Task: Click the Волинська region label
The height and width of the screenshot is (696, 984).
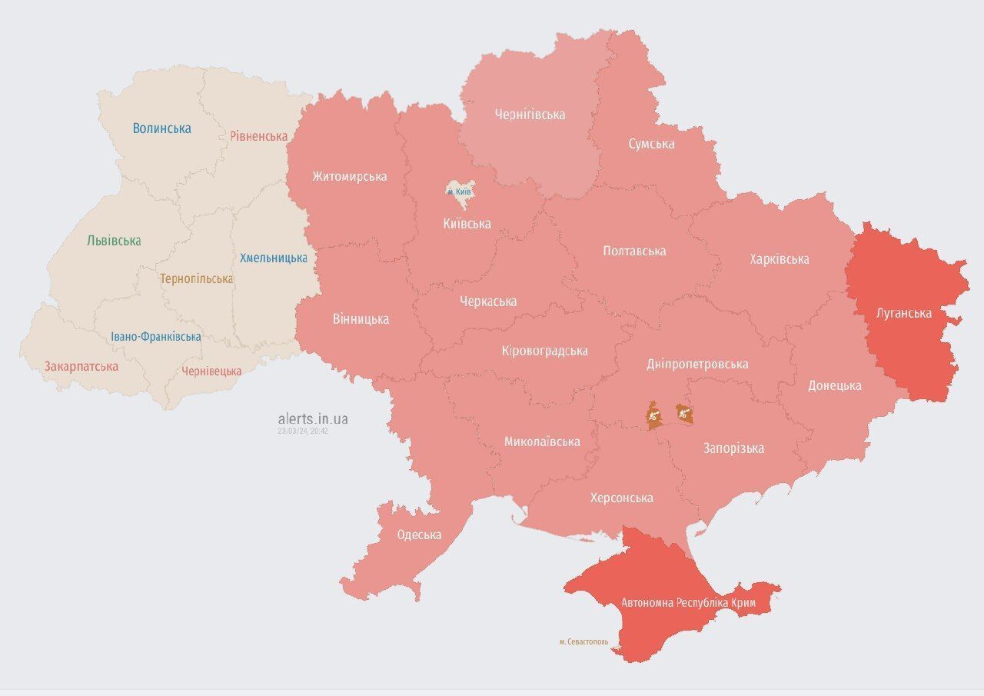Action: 161,128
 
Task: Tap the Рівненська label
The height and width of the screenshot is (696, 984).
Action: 258,136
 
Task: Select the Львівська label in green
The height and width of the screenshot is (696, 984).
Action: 114,241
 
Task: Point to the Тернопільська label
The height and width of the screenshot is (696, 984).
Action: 196,278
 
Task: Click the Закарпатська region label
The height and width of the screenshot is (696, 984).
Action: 81,366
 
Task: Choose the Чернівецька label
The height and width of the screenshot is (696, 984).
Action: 211,371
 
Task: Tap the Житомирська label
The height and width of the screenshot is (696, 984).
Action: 349,176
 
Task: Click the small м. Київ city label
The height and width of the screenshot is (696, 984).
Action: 460,191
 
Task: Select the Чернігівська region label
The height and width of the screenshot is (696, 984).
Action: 530,115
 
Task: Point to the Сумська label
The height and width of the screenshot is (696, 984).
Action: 651,144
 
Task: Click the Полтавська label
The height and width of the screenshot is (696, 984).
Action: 634,251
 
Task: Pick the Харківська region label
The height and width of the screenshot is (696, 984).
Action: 779,259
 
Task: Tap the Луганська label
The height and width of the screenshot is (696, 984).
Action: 903,313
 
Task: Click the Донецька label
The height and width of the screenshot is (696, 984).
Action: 834,385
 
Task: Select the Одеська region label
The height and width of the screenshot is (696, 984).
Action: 419,534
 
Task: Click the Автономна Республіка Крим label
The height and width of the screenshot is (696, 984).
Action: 688,603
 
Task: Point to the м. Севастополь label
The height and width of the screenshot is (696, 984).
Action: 583,641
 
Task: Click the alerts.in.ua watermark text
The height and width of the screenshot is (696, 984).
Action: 312,418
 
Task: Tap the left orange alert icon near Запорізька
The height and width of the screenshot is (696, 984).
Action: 653,416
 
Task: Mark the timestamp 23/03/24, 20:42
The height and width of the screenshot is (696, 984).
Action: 303,431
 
